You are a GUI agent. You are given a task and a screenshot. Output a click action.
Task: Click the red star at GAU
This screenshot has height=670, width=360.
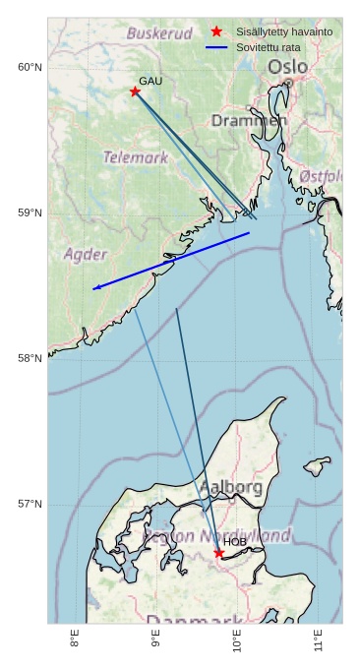pyautogui.click(x=135, y=91)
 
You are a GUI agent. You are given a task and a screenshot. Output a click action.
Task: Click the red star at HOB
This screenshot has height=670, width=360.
pyautogui.click(x=219, y=553)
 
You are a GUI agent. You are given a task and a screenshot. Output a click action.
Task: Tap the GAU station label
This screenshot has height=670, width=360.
pyautogui.click(x=150, y=81)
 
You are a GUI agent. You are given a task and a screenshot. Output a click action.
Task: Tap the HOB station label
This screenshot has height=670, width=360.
pyautogui.click(x=235, y=542)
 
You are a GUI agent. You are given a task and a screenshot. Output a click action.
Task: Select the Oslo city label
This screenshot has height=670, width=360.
pyautogui.click(x=287, y=66)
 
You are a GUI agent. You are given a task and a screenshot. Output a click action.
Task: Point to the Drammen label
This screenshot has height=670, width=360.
pyautogui.click(x=249, y=120)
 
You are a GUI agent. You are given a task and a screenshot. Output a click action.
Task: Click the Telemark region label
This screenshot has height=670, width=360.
pyautogui.click(x=136, y=156)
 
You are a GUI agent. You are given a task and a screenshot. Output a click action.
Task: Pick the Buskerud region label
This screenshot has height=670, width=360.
pyautogui.click(x=159, y=33)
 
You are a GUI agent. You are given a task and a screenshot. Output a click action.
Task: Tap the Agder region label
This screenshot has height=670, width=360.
pyautogui.click(x=86, y=254)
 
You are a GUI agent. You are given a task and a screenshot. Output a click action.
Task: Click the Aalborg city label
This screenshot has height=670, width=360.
pyautogui.click(x=231, y=487)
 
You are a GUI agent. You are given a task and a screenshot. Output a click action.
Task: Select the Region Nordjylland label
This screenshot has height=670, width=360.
pyautogui.click(x=219, y=536)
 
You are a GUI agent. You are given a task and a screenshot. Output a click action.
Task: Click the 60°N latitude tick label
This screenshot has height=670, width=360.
pyautogui.click(x=30, y=67)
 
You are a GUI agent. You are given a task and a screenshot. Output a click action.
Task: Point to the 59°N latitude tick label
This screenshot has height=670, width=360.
pyautogui.click(x=30, y=213)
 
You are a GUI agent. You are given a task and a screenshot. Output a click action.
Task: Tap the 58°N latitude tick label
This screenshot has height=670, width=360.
pyautogui.click(x=30, y=358)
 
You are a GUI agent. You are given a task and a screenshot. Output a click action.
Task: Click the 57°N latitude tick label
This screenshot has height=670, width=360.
pyautogui.click(x=30, y=504)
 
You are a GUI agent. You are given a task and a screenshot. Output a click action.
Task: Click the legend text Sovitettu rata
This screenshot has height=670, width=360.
pyautogui.click(x=268, y=47)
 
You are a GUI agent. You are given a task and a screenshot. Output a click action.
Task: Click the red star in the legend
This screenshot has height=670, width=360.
pyautogui.click(x=216, y=31)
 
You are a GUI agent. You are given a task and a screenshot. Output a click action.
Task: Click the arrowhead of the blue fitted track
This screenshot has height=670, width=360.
pyautogui.click(x=96, y=288)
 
